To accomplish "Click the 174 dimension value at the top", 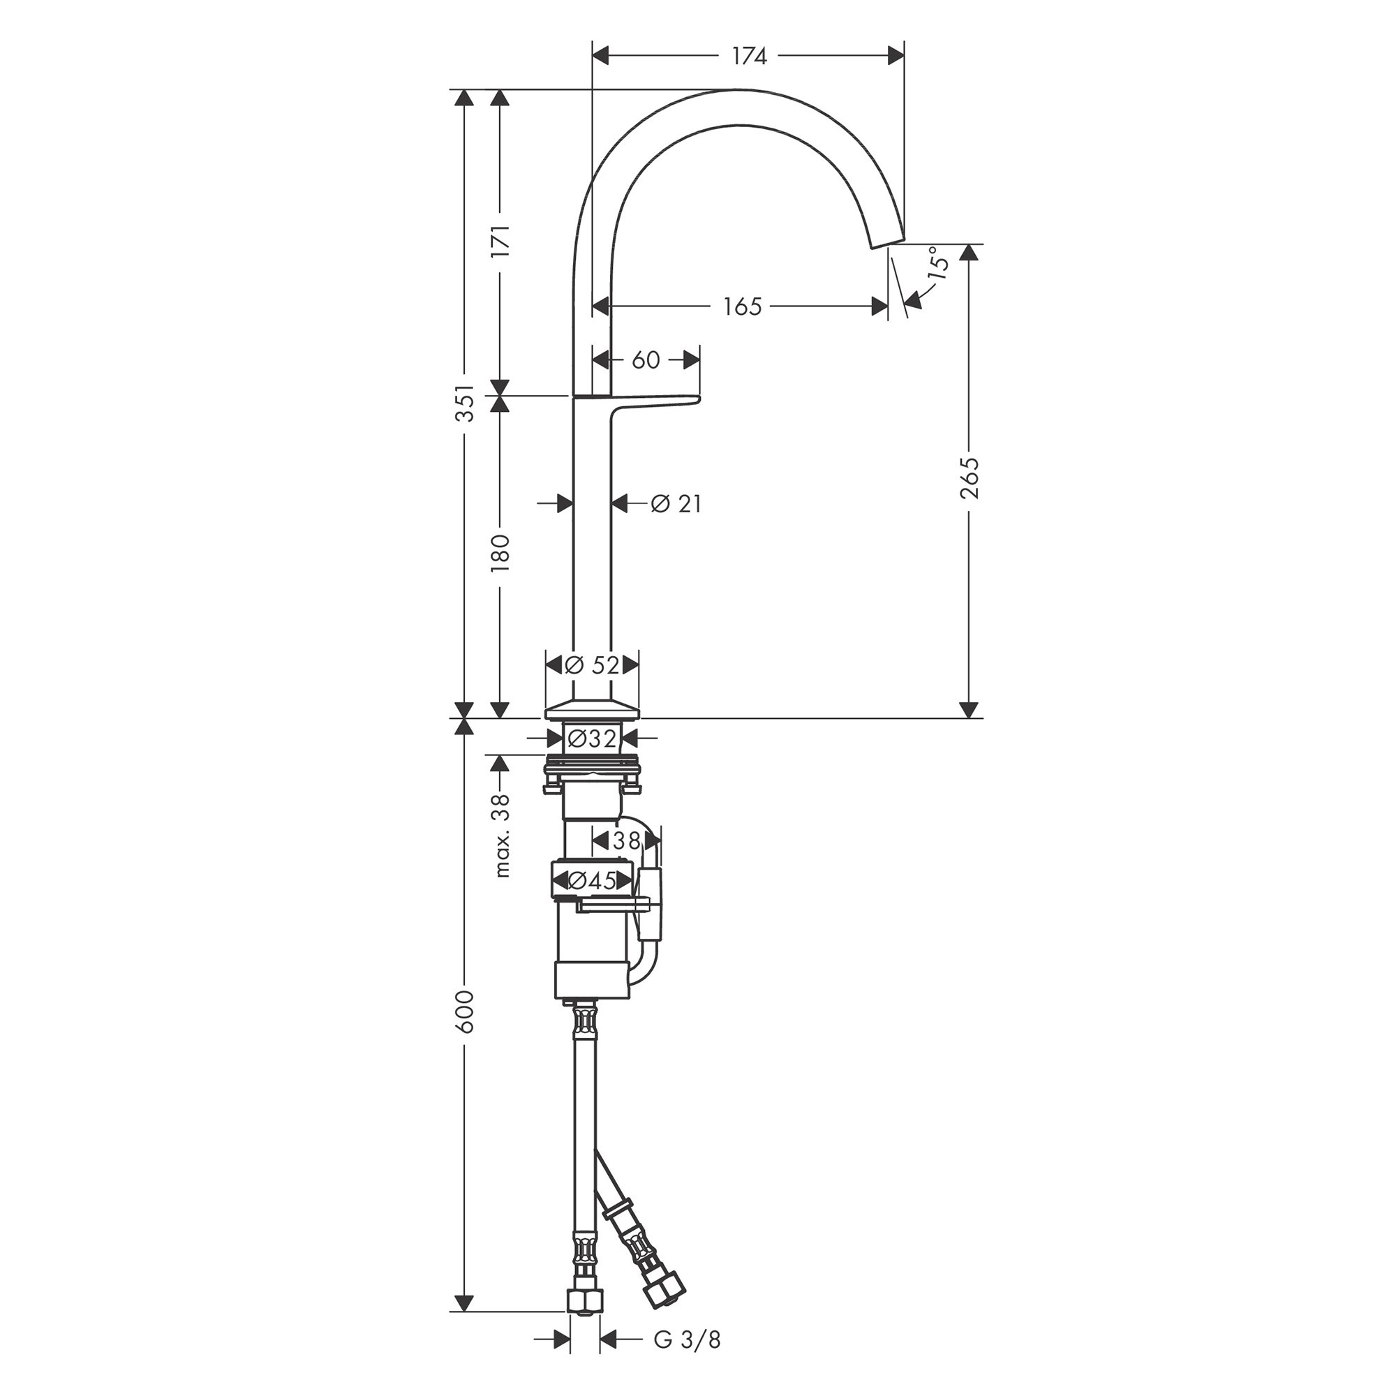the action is pos(749,56).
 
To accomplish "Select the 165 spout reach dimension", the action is pos(743,306).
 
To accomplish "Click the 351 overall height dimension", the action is pos(466,403).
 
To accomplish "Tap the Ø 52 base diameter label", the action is pos(593,664).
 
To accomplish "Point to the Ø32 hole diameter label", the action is pos(592,738).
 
